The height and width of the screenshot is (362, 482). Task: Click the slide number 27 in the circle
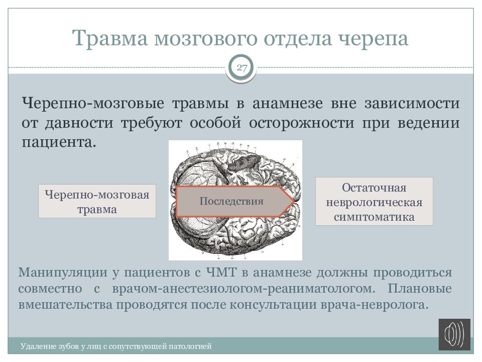242,67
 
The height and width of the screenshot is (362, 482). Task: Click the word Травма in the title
110,38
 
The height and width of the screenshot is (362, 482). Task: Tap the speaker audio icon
454,334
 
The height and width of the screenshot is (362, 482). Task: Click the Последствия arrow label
231,201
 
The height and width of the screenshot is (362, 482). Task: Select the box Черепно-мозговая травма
97,201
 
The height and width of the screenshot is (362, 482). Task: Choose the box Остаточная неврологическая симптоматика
374,202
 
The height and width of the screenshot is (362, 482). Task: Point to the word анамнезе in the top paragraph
287,104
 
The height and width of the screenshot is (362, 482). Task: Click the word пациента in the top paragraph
57,142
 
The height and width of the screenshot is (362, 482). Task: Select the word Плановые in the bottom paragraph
419,289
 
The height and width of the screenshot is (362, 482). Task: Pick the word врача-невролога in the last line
375,305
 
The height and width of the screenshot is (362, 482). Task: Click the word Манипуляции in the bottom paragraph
63,273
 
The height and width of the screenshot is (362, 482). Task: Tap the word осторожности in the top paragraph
301,123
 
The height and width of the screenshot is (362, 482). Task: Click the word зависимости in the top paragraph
412,104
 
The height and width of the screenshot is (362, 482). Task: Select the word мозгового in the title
205,39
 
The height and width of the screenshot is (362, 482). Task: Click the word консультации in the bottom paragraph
273,305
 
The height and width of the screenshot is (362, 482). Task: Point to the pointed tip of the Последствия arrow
294,201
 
